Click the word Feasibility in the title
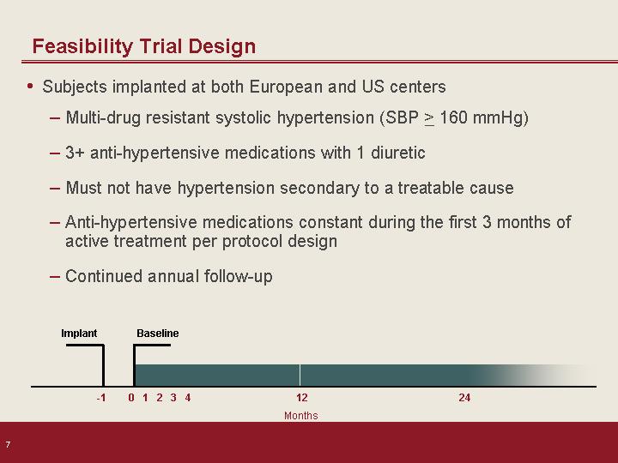click(x=82, y=47)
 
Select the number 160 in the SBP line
click(x=453, y=117)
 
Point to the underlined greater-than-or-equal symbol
click(x=429, y=118)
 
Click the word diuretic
click(x=397, y=153)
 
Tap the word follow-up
click(x=238, y=276)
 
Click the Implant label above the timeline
click(x=79, y=334)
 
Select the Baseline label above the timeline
click(x=158, y=334)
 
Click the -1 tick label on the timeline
click(x=101, y=398)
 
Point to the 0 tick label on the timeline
click(x=131, y=398)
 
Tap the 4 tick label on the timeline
click(x=188, y=398)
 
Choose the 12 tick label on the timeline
click(x=301, y=398)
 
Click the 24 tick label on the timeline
click(x=464, y=398)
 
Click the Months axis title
click(x=300, y=416)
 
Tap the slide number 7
click(x=8, y=445)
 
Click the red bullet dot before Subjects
click(x=30, y=86)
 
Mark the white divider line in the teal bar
click(x=300, y=376)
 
